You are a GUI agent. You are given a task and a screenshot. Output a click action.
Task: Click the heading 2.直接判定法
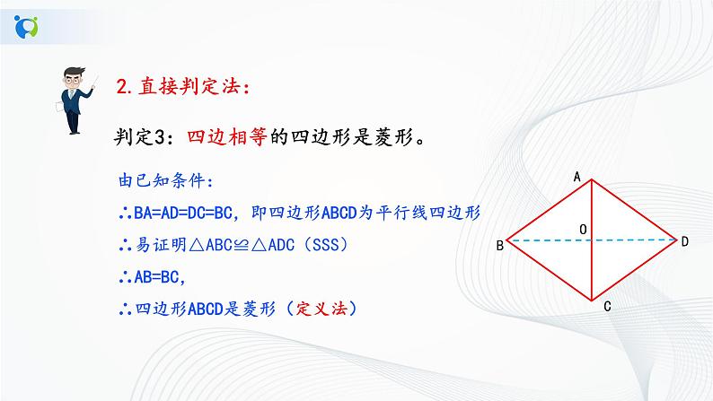[184, 87]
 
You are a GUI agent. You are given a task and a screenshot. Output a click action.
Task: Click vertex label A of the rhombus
[579, 178]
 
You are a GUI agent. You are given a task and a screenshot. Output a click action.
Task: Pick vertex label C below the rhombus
[608, 308]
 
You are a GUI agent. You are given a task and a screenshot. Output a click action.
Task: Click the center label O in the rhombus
[584, 231]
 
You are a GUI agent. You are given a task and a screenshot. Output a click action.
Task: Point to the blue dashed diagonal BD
[548, 240]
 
